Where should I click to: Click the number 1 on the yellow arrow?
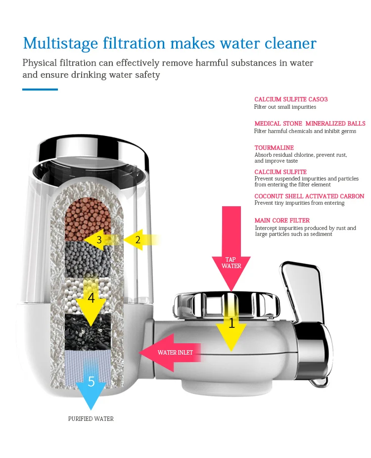click(x=232, y=323)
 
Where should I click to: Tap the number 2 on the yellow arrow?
click(x=138, y=240)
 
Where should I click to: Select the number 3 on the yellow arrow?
click(x=99, y=240)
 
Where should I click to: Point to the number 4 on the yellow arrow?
click(x=91, y=298)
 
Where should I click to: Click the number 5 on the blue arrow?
click(x=91, y=381)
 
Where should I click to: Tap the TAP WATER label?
click(x=232, y=263)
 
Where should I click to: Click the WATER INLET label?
click(x=175, y=353)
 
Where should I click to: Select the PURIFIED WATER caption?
click(x=91, y=419)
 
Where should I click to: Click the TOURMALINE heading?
click(x=274, y=148)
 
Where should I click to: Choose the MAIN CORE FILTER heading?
click(x=282, y=221)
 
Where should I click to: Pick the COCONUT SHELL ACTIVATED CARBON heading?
click(x=309, y=196)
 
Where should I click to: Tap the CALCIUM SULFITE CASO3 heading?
click(x=291, y=99)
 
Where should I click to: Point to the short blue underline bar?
click(x=40, y=90)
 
